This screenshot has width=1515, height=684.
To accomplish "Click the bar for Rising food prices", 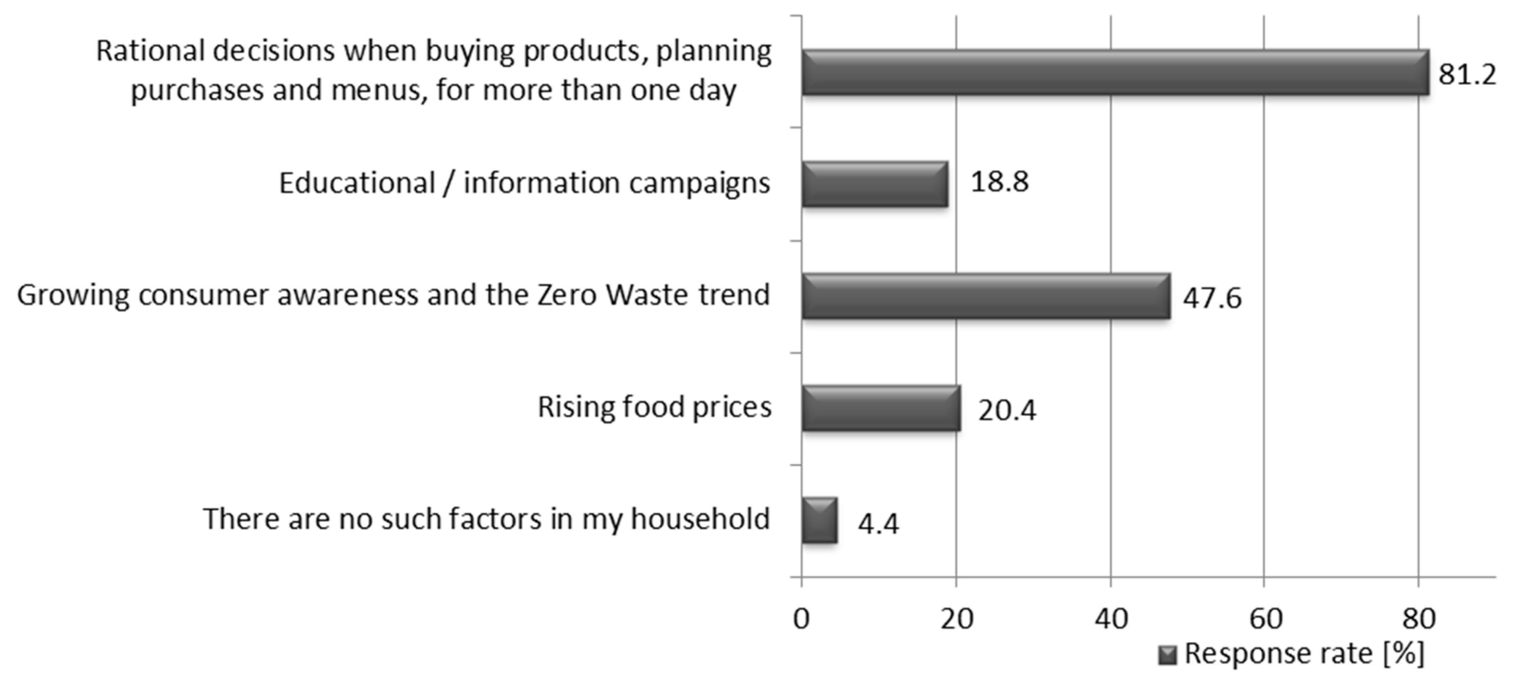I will click(x=880, y=408).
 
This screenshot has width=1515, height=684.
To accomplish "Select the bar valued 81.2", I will click(x=1115, y=72).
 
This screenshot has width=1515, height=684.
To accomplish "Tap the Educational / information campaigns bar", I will click(x=875, y=184).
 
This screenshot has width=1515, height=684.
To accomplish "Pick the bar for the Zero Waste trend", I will click(x=985, y=296).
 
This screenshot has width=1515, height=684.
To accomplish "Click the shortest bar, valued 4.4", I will click(x=819, y=520).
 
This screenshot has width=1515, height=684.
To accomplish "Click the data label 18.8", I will click(x=999, y=182).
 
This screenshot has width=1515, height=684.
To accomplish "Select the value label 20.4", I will click(x=1007, y=410).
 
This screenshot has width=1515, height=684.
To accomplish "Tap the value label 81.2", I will click(x=1467, y=75).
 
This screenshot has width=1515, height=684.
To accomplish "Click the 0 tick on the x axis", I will click(x=801, y=619).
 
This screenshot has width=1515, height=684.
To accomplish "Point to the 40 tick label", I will click(x=1111, y=619).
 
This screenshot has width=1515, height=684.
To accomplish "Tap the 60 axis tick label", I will click(x=1265, y=619).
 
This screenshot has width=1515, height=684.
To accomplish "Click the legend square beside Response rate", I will click(x=1167, y=655).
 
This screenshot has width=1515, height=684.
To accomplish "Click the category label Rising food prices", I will click(x=654, y=407).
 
